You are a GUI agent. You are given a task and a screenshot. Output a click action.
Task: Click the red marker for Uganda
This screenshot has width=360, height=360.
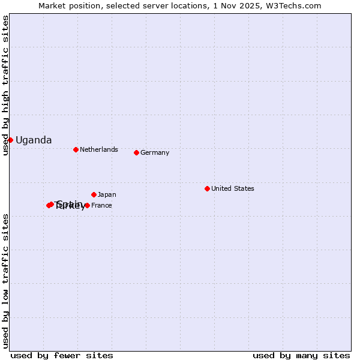(x=10, y=140)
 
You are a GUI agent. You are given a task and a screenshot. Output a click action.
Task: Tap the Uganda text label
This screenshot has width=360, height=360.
(x=34, y=140)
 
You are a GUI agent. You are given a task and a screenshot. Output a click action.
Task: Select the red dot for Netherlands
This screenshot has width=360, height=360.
(x=76, y=149)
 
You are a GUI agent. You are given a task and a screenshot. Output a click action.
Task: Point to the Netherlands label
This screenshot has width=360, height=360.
(x=99, y=149)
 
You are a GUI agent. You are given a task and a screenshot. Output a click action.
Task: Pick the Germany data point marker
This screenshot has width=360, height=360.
(x=136, y=152)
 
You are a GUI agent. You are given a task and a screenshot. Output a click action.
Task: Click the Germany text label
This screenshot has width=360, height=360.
(x=155, y=152)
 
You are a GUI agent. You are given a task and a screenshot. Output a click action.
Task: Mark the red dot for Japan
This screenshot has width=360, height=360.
(x=94, y=194)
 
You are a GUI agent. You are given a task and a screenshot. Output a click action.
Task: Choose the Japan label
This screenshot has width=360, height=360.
(x=107, y=194)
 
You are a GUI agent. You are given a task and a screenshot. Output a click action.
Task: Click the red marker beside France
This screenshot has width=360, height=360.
(x=87, y=205)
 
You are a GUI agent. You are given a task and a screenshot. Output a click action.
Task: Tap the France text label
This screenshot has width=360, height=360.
(x=101, y=205)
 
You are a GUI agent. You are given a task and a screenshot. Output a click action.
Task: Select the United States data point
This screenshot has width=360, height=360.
(x=207, y=188)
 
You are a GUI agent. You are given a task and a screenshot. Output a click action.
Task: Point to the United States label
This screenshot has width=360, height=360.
(x=233, y=188)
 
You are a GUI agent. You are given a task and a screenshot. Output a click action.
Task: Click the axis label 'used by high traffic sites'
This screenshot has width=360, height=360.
(x=5, y=85)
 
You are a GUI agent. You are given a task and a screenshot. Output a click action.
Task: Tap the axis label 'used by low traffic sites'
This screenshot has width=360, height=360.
(x=5, y=280)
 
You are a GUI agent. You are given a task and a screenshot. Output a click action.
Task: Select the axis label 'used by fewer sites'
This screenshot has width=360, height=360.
(x=62, y=355)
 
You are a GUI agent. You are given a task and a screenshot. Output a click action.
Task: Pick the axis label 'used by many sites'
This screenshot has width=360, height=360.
(x=301, y=355)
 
